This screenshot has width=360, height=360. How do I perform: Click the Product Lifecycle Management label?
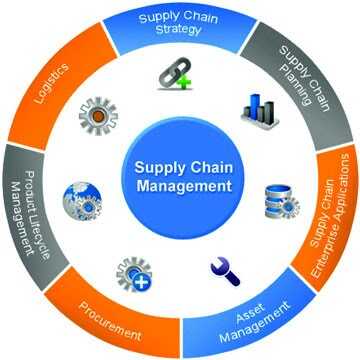pyautogui.click(x=30, y=200)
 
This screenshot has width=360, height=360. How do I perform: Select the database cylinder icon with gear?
pyautogui.click(x=281, y=200)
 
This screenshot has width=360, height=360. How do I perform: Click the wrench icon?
pyautogui.click(x=224, y=268)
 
